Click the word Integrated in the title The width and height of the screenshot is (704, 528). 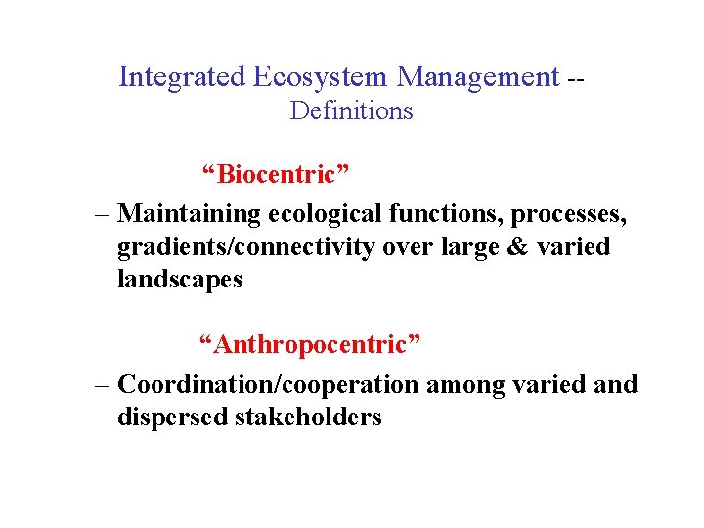point(182,76)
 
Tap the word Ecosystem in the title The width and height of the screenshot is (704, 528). point(322,76)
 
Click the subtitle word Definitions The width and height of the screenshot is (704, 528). point(352,111)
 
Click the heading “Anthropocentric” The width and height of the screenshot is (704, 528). point(310,345)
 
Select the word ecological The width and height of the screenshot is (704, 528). point(324,212)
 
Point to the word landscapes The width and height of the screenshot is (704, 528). point(180,281)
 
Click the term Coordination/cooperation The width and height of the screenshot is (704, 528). point(270,384)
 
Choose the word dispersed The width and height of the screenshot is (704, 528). point(172,418)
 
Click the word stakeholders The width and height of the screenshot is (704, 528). point(308,418)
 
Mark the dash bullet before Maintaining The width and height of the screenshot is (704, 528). point(103,213)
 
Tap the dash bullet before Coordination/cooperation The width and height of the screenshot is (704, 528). point(103,385)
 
